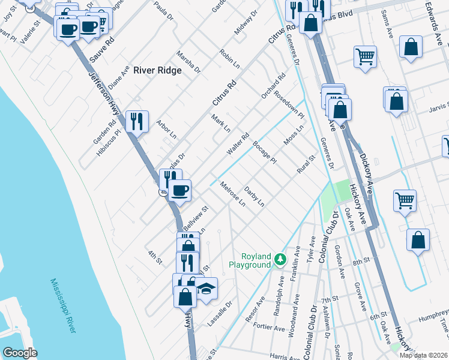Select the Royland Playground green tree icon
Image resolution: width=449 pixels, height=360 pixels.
(280, 260)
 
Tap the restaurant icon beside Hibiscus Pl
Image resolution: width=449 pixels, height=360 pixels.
(137, 122)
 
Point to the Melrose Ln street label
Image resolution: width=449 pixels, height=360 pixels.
(233, 194)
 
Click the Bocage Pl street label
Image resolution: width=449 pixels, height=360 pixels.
(264, 152)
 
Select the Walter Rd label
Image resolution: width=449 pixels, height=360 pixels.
(237, 144)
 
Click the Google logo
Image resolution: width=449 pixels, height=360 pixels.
(20, 352)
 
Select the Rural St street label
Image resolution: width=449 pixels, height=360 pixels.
(306, 165)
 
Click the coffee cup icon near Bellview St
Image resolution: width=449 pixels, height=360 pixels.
(179, 191)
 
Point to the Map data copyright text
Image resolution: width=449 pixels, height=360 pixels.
(424, 355)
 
